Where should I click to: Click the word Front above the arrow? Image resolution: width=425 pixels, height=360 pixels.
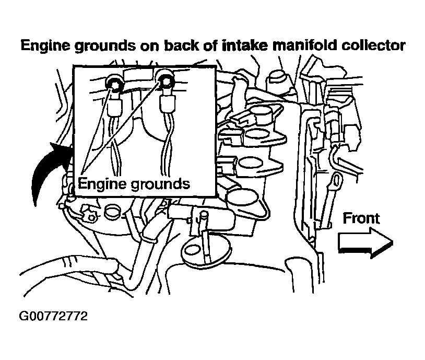pos(361,218)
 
